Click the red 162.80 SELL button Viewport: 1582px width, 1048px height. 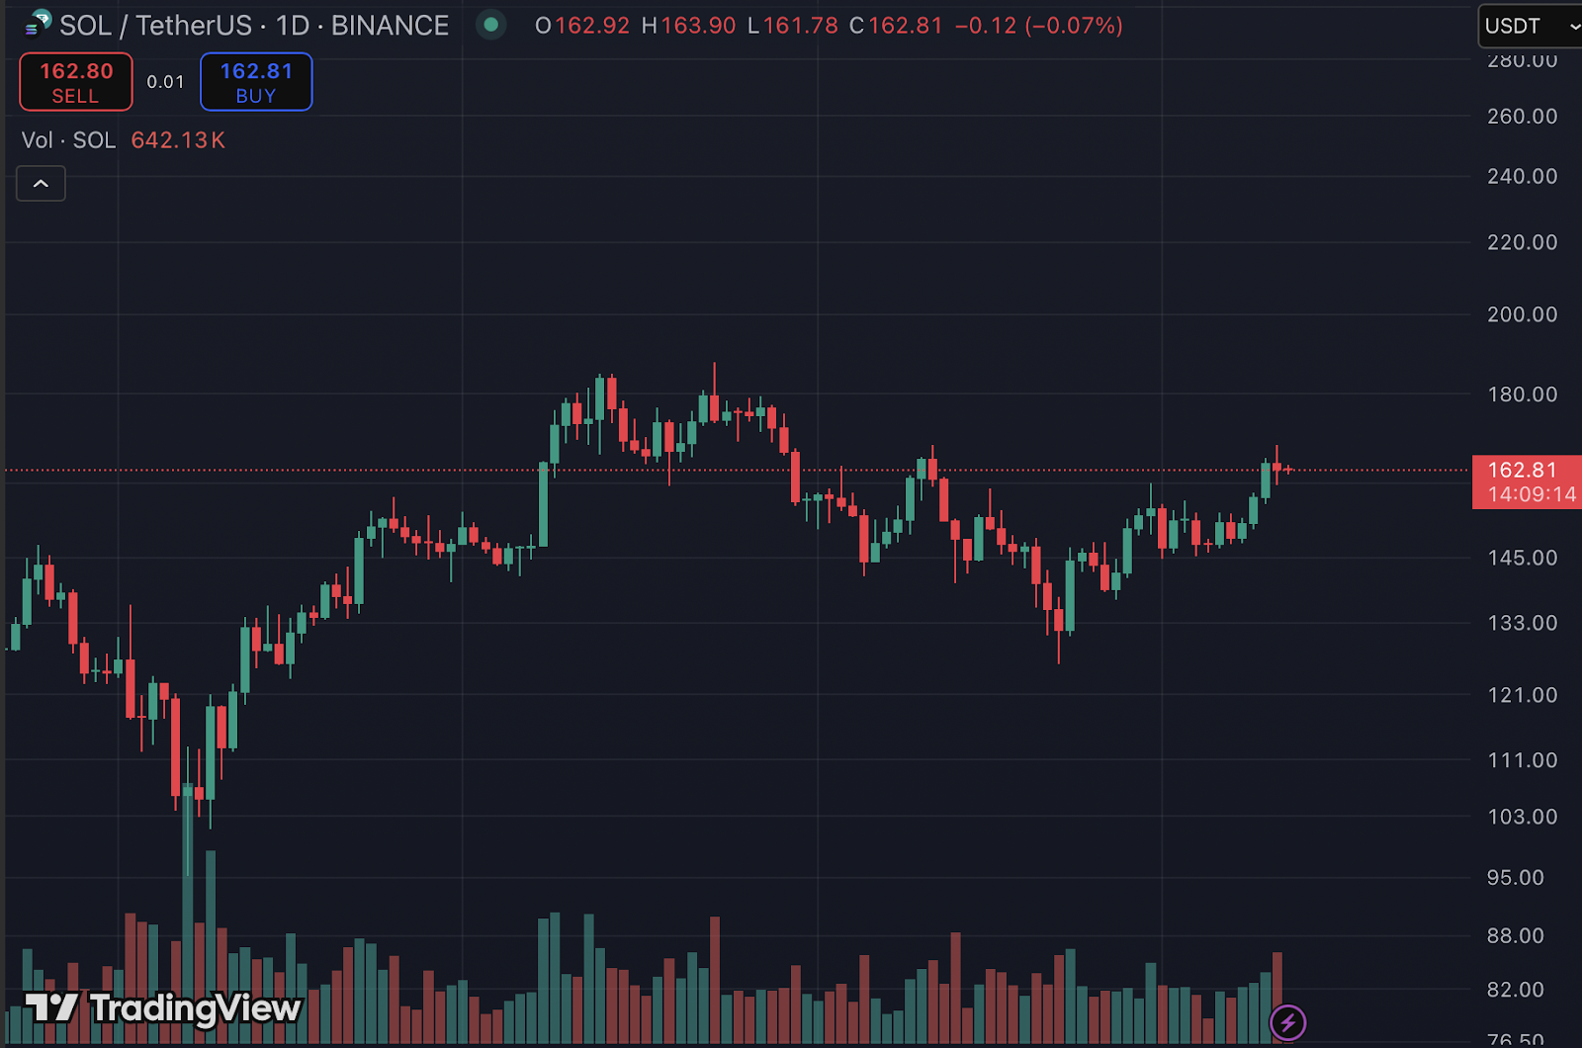(x=76, y=82)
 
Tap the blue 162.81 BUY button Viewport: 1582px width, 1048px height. (x=256, y=82)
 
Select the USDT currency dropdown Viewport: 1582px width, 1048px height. (x=1529, y=27)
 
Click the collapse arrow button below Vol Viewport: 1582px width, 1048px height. (x=41, y=184)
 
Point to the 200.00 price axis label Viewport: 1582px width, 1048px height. (x=1522, y=314)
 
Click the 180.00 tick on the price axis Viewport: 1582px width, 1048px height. (x=1522, y=394)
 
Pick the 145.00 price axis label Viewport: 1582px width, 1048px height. (x=1522, y=559)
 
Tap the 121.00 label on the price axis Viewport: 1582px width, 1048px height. (x=1522, y=696)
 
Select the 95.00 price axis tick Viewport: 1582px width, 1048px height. (x=1515, y=878)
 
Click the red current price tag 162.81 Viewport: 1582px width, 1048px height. (x=1522, y=471)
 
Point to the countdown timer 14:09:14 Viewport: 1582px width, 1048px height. (x=1532, y=494)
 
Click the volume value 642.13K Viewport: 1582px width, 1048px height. (x=178, y=140)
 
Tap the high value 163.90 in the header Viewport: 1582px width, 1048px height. (x=698, y=26)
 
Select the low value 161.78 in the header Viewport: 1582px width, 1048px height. (x=800, y=26)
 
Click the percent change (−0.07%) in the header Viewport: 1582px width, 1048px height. (x=1074, y=26)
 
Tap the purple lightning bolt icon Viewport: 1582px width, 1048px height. (x=1287, y=1022)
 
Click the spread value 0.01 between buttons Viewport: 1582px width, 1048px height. (x=165, y=82)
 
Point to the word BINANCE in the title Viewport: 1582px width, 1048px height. (x=390, y=26)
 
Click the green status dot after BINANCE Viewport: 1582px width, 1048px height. (x=490, y=25)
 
